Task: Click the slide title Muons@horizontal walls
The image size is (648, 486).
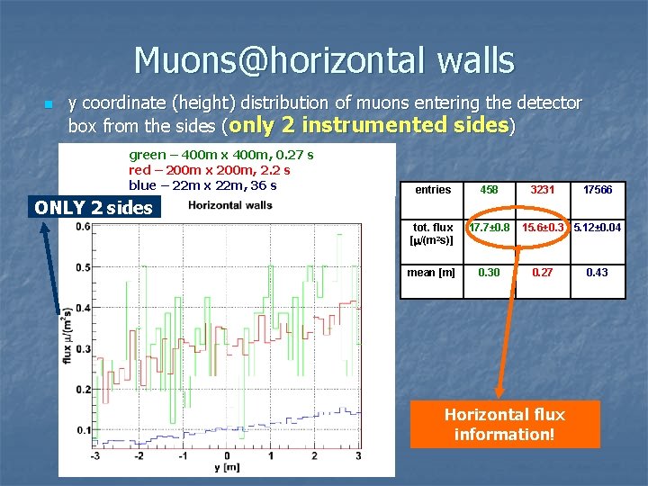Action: [324, 60]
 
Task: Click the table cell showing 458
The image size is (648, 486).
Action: [489, 190]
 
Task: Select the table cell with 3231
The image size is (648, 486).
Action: [543, 190]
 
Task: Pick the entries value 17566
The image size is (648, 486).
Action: [598, 190]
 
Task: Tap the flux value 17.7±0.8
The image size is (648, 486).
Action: [489, 228]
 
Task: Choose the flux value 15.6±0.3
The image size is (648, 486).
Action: [543, 228]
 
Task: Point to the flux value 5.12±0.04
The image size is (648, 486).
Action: [598, 228]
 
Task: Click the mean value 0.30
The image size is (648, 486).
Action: [489, 272]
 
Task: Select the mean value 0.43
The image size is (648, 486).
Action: [598, 272]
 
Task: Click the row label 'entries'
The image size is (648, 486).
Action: [433, 190]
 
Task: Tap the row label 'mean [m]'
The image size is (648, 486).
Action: [431, 272]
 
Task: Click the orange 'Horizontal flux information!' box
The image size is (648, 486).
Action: [504, 423]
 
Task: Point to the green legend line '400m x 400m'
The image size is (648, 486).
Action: [220, 155]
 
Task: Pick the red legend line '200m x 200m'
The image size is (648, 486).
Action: [209, 170]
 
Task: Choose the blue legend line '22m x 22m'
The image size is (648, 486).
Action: [202, 185]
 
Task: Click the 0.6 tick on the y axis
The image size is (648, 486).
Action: [83, 227]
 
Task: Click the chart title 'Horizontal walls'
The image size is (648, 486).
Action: [229, 205]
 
